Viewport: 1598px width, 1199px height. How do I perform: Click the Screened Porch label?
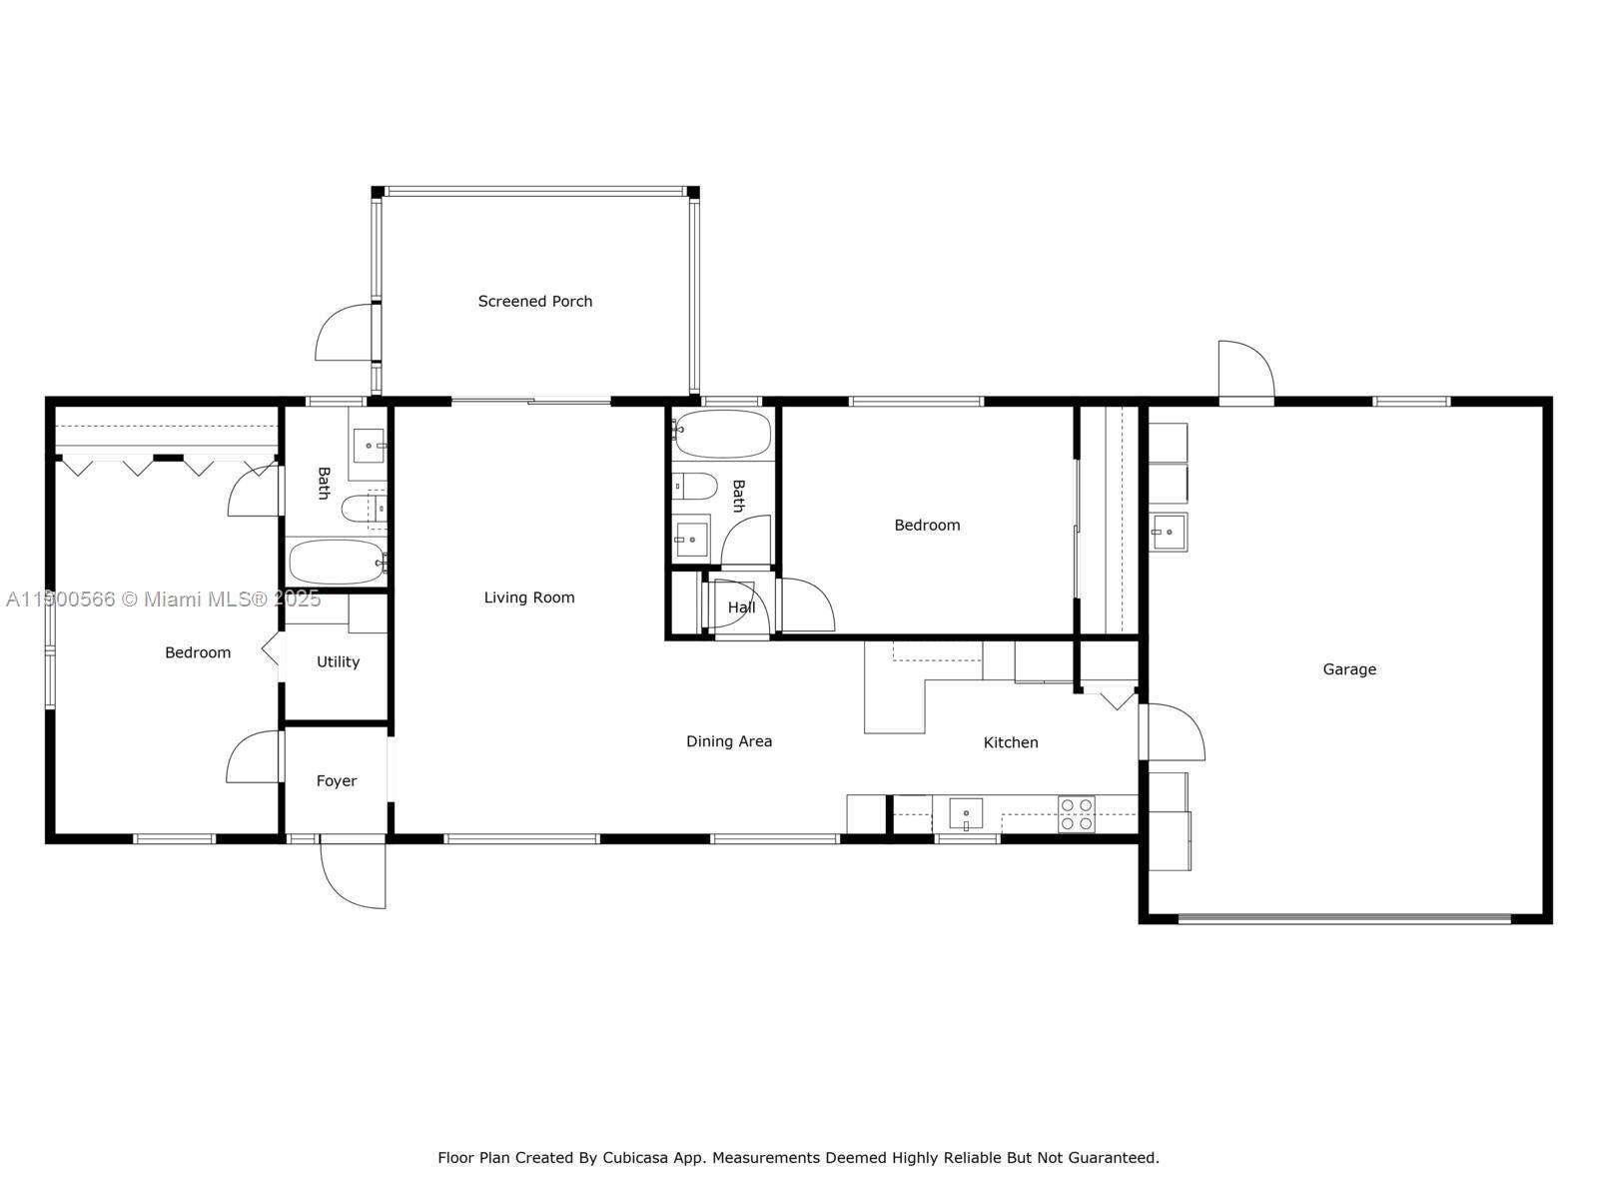click(x=534, y=301)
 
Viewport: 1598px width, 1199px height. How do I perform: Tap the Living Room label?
click(x=528, y=598)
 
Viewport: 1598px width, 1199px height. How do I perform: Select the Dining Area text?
click(x=728, y=741)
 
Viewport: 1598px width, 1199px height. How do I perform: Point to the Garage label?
click(x=1348, y=669)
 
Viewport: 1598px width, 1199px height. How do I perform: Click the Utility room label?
click(x=338, y=661)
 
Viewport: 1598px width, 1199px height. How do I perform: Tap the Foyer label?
click(x=336, y=781)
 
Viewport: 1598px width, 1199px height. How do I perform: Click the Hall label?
click(x=741, y=607)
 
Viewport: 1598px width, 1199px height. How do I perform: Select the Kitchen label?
click(x=1010, y=742)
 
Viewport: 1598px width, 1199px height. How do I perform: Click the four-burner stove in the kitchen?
click(x=1076, y=814)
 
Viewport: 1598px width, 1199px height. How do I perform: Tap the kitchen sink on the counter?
click(x=965, y=813)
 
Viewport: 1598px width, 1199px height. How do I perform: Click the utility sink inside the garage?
click(x=1168, y=532)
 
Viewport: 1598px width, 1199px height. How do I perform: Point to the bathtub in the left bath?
click(x=337, y=563)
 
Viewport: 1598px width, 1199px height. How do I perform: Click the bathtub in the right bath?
click(x=721, y=435)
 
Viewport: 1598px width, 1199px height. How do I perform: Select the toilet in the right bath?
click(x=695, y=487)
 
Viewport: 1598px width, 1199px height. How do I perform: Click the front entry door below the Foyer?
click(x=354, y=874)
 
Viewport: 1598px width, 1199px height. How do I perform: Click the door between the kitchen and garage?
click(x=1173, y=732)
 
